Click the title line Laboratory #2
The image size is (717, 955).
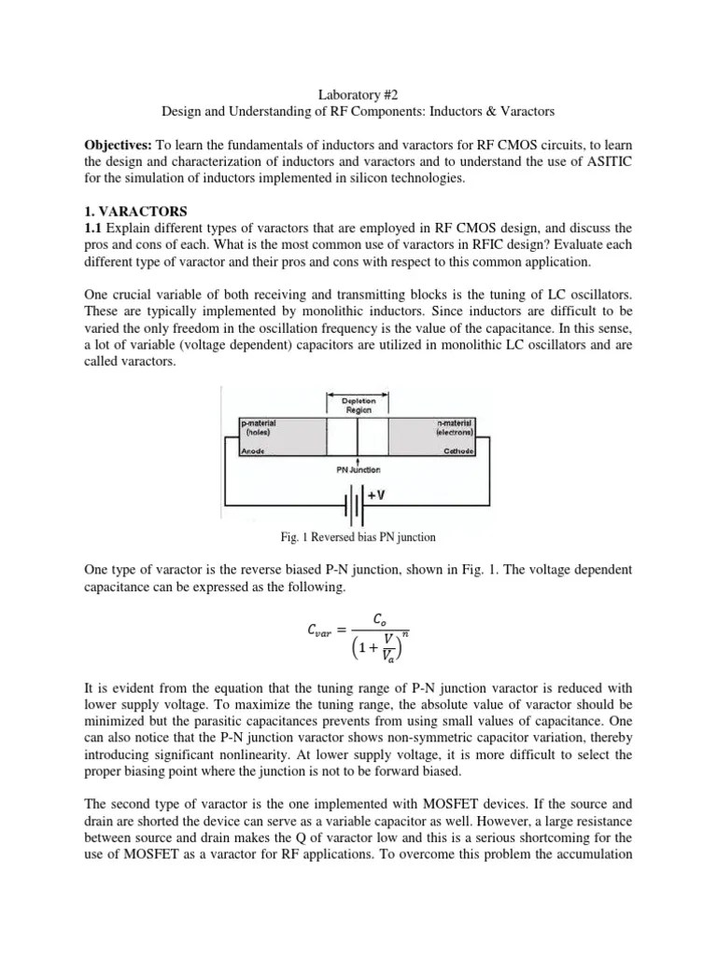[358, 93]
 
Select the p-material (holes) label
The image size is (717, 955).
[260, 427]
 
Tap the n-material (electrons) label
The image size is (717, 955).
[451, 427]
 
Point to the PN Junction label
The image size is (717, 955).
[357, 470]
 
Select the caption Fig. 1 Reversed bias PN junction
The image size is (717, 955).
[358, 537]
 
